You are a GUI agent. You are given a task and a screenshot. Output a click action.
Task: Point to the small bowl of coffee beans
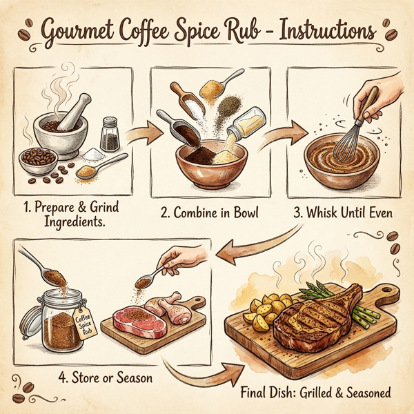pyautogui.click(x=38, y=158)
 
